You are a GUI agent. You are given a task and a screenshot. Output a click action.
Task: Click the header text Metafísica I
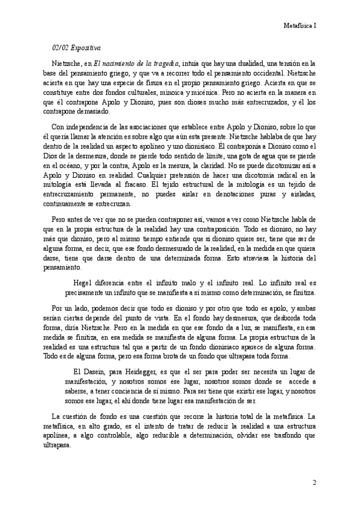pyautogui.click(x=300, y=26)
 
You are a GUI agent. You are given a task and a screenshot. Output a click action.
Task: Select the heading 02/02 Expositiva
pyautogui.click(x=76, y=47)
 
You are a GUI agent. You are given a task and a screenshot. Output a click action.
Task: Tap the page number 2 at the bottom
pyautogui.click(x=315, y=482)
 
